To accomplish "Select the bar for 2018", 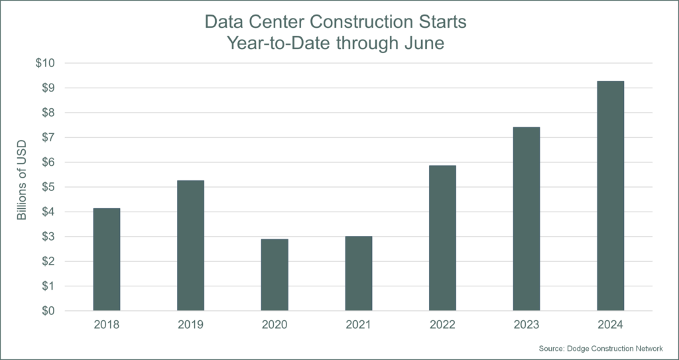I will [x=107, y=259].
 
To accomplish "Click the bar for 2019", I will [x=190, y=245].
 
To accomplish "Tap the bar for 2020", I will [x=275, y=274].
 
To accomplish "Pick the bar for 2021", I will [x=358, y=273].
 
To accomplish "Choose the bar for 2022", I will [x=442, y=238].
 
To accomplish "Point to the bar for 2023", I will [x=526, y=219].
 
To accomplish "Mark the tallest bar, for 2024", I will [x=610, y=196].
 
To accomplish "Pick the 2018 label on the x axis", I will [x=107, y=326].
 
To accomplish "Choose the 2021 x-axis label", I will [x=358, y=326].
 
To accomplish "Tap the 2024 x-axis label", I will [x=610, y=326].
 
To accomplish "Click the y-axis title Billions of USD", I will [x=22, y=186].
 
